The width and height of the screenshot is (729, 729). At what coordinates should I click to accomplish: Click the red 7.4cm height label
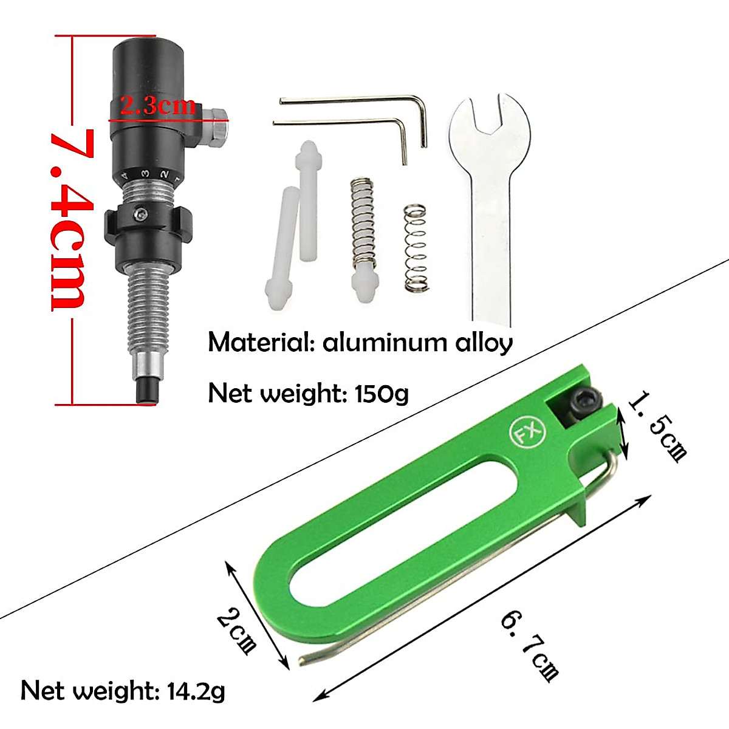[72, 219]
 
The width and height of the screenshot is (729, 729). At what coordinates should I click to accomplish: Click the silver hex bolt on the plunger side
[216, 127]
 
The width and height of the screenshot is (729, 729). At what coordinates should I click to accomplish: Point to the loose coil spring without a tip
[416, 249]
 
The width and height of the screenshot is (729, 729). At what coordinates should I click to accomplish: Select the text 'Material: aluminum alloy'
[360, 343]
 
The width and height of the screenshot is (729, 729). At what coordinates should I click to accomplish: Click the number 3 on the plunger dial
[146, 174]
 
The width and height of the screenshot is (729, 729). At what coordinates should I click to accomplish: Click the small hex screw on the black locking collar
[141, 214]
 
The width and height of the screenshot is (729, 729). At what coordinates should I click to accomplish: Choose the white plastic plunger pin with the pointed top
[307, 200]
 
